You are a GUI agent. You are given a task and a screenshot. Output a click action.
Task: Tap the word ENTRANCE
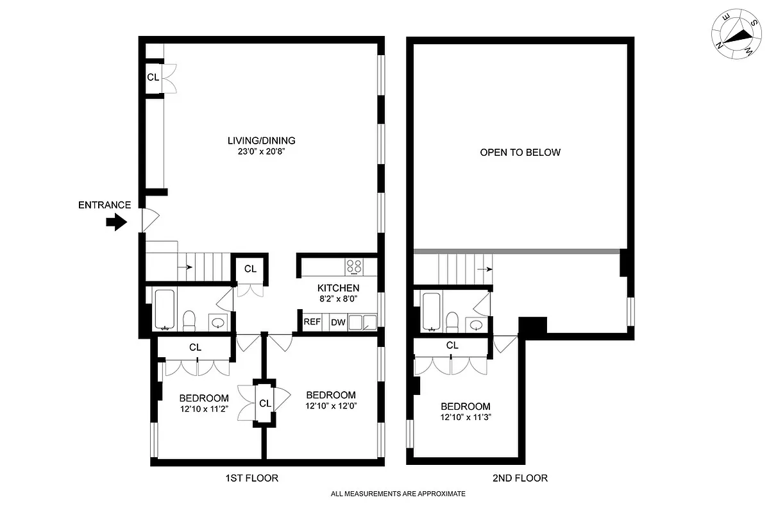pyautogui.click(x=105, y=205)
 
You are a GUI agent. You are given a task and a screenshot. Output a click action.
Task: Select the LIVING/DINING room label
pyautogui.click(x=261, y=140)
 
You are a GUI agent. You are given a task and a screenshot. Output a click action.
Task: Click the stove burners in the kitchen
pyautogui.click(x=353, y=265)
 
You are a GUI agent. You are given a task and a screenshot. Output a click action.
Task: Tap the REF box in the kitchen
pyautogui.click(x=312, y=322)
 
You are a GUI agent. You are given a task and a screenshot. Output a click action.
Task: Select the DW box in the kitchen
pyautogui.click(x=337, y=322)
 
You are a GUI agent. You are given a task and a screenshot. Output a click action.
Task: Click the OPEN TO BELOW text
pyautogui.click(x=520, y=153)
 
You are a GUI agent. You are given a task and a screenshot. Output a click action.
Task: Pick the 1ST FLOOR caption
pyautogui.click(x=251, y=478)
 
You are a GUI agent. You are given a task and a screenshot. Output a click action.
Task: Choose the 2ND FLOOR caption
pyautogui.click(x=521, y=478)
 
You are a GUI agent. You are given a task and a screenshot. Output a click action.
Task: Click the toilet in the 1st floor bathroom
pyautogui.click(x=189, y=320)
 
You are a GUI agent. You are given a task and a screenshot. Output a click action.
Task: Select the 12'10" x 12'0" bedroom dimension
pyautogui.click(x=331, y=406)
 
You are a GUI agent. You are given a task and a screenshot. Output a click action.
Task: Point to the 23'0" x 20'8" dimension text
pyautogui.click(x=261, y=152)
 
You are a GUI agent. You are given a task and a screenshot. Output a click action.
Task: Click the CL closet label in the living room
pyautogui.click(x=153, y=78)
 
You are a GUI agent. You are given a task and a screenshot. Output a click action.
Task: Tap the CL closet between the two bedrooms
pyautogui.click(x=264, y=403)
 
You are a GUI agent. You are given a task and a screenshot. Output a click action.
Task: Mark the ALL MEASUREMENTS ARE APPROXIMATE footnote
pyautogui.click(x=398, y=494)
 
